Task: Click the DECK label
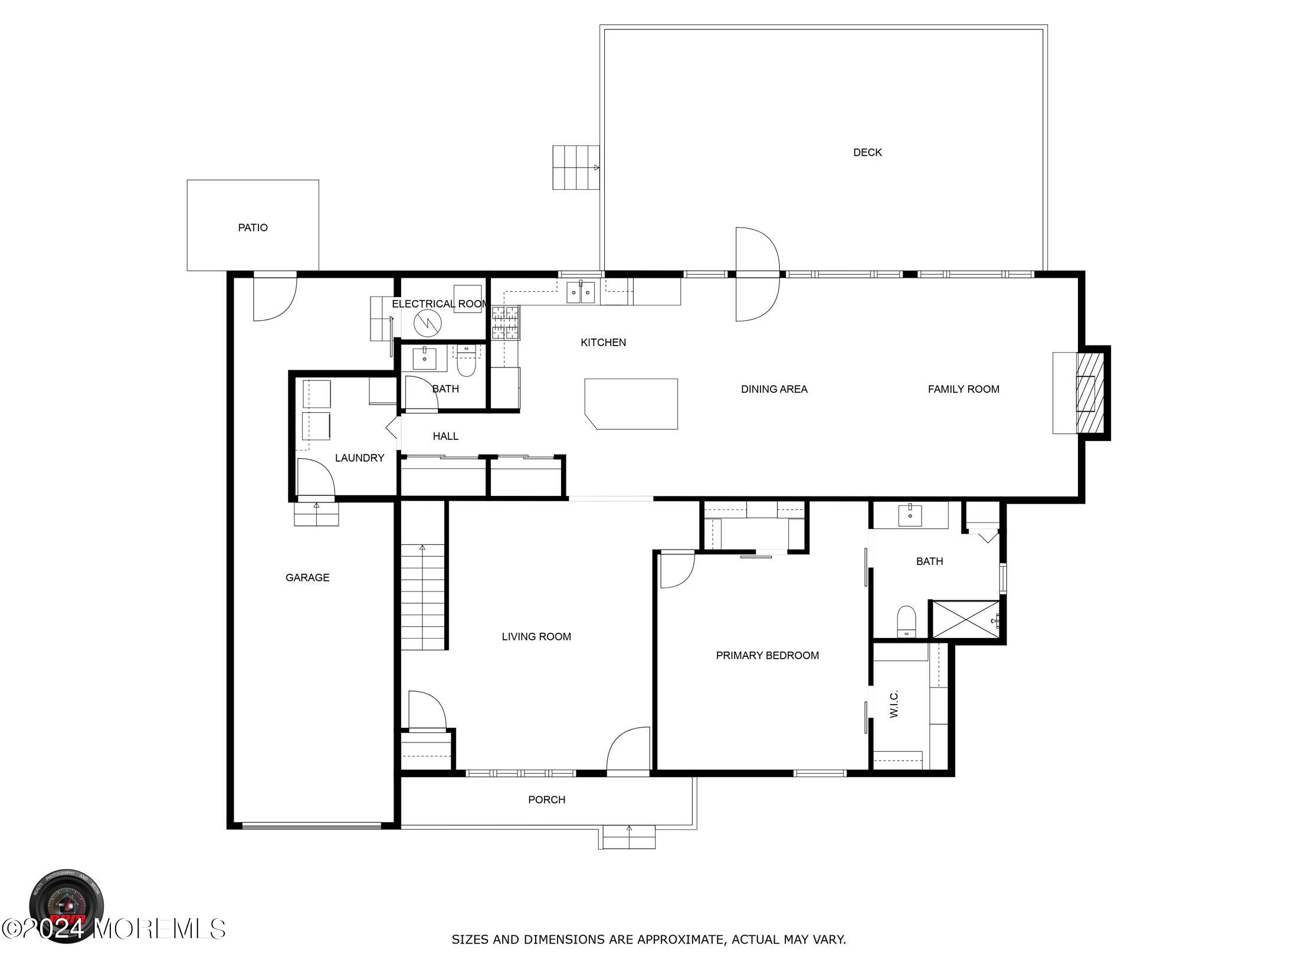(867, 152)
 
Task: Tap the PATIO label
(253, 228)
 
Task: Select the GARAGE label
(307, 577)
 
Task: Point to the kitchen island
(631, 404)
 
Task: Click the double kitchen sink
(581, 292)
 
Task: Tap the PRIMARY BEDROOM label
(767, 655)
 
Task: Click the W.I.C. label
(893, 704)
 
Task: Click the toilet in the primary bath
(906, 622)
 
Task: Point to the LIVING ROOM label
(536, 636)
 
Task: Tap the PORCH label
(546, 800)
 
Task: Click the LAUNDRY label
(359, 458)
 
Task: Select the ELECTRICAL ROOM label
(440, 304)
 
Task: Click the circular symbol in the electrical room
(427, 323)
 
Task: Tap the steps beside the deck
(576, 167)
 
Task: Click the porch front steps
(629, 837)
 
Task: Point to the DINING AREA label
(774, 389)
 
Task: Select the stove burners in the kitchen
(506, 323)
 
